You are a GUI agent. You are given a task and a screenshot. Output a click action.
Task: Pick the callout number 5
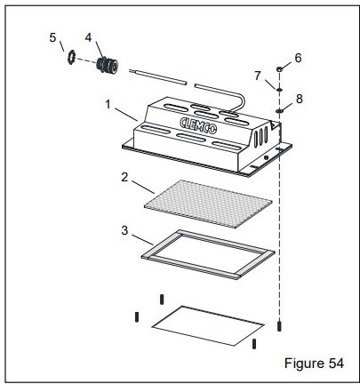pyautogui.click(x=52, y=36)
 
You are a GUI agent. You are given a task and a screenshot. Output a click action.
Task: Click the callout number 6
pyautogui.click(x=298, y=57)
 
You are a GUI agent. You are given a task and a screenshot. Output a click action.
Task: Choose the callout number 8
pyautogui.click(x=299, y=99)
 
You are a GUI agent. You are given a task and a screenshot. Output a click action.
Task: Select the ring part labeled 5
pyautogui.click(x=68, y=60)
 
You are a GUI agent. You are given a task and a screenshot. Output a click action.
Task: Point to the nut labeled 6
pyautogui.click(x=279, y=68)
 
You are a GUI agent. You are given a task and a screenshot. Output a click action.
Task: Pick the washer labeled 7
pyautogui.click(x=279, y=89)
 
